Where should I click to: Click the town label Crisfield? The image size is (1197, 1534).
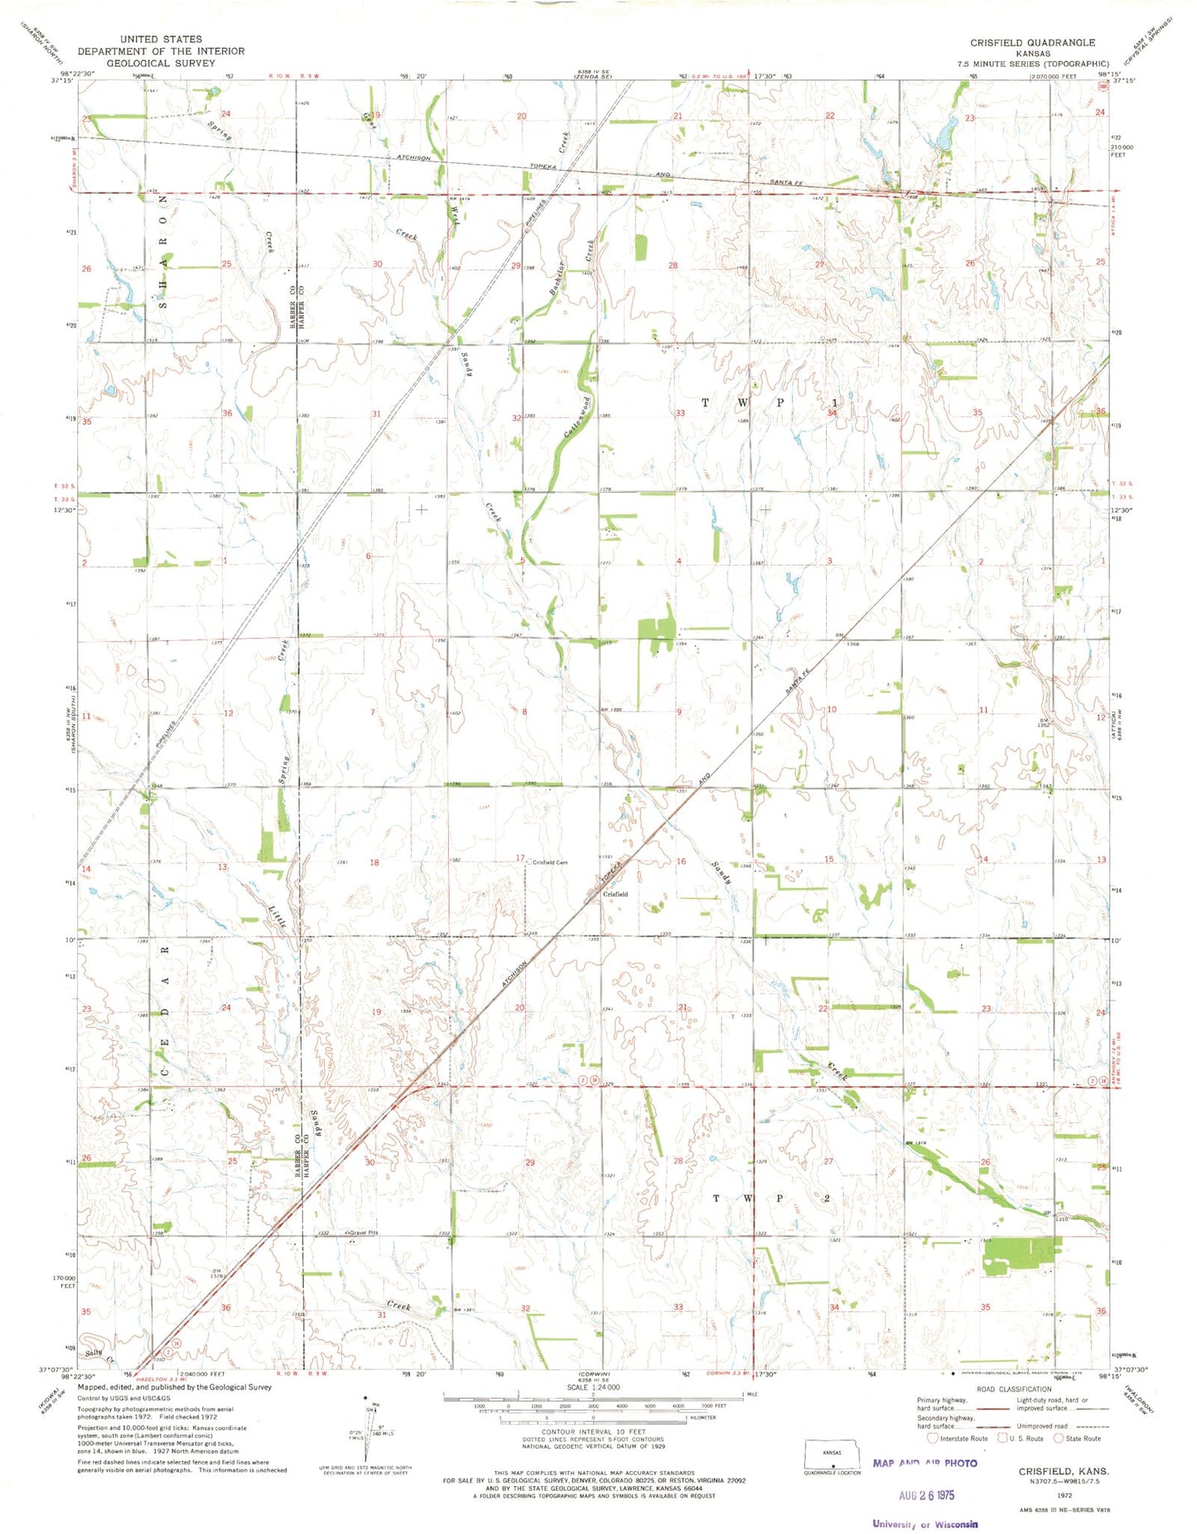pos(615,894)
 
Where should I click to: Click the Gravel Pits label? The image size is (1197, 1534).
pos(363,1233)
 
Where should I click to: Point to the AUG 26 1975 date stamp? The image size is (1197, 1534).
pos(927,1495)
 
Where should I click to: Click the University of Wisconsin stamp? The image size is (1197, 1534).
pos(924,1523)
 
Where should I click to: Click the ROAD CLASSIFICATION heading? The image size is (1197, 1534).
pos(1014,1389)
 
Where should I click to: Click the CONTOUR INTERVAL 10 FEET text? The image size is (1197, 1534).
pos(593,1431)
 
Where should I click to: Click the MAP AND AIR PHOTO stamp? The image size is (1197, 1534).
pos(924,1463)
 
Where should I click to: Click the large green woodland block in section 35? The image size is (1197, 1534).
pos(1019,1255)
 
